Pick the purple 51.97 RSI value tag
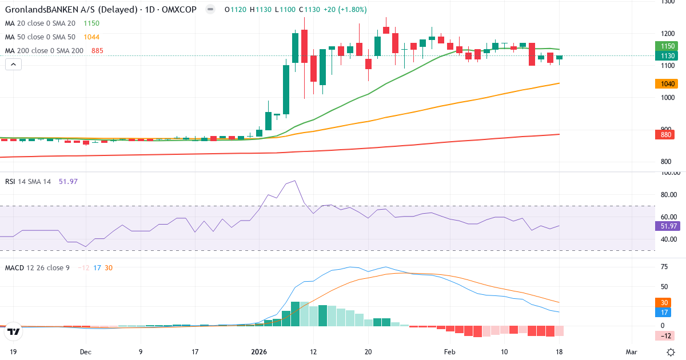(667, 226)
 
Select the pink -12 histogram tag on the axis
(667, 335)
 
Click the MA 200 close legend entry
(45, 50)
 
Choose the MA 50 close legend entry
(41, 37)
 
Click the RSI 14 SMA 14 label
(27, 181)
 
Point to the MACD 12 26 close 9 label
(37, 267)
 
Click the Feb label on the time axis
(450, 351)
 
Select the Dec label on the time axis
(86, 351)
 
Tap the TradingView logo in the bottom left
(14, 331)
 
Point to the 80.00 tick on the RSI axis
(669, 194)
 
